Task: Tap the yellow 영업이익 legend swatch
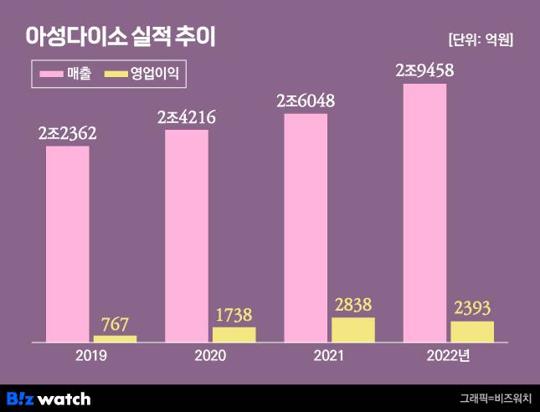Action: [115, 74]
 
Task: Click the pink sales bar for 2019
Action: [67, 244]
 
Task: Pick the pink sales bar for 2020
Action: [186, 235]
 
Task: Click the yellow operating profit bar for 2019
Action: [115, 338]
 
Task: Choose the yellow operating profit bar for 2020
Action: [234, 334]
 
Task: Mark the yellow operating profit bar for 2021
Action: [353, 329]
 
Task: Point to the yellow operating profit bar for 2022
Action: [472, 331]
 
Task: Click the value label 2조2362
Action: [67, 132]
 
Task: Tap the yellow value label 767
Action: [115, 323]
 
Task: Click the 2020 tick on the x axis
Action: [210, 356]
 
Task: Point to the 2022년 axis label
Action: [449, 356]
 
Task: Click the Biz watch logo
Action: [49, 398]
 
